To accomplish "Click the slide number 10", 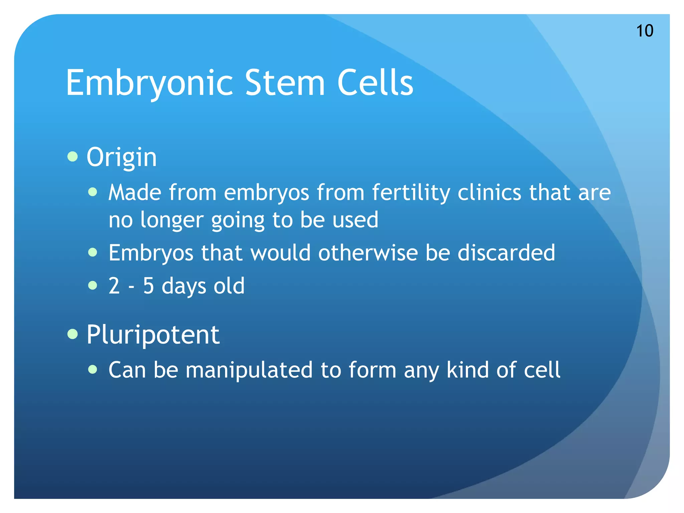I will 644,31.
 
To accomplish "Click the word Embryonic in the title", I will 149,82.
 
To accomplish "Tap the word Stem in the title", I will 285,82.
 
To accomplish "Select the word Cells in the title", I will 375,82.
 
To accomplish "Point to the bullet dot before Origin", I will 72,156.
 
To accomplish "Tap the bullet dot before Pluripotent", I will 72,334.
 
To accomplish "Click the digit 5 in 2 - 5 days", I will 148,286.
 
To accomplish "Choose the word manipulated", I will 249,370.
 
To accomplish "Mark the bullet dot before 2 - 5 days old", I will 93,286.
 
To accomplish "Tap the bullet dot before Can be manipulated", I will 93,369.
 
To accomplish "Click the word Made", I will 135,193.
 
